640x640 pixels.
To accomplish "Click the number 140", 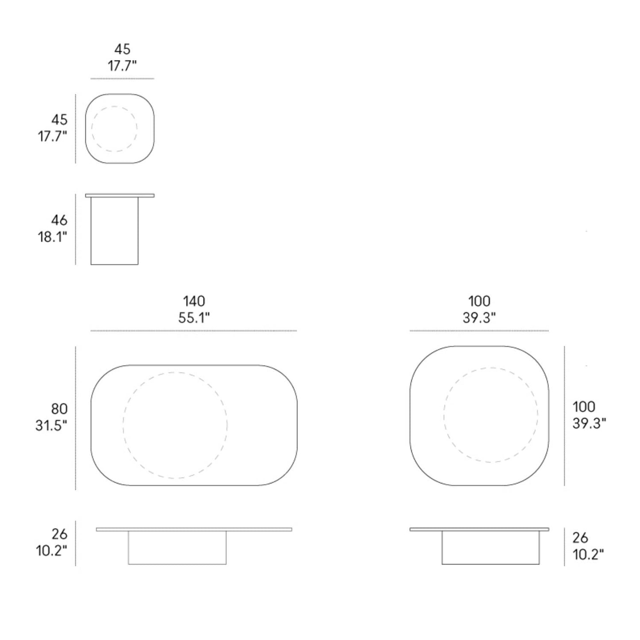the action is pos(194,301).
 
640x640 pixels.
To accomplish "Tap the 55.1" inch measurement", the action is pos(194,318).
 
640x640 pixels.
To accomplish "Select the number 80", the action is pos(59,409).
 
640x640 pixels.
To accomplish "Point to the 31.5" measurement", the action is pos(51,426).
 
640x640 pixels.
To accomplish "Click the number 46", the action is pos(59,220).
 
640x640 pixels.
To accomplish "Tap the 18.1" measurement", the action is pos(52,237).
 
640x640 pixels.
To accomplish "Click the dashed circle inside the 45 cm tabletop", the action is pos(114,106).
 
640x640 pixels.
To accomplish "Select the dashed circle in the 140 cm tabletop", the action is pos(175,372).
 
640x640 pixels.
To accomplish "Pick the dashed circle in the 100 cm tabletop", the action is pos(491,368).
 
